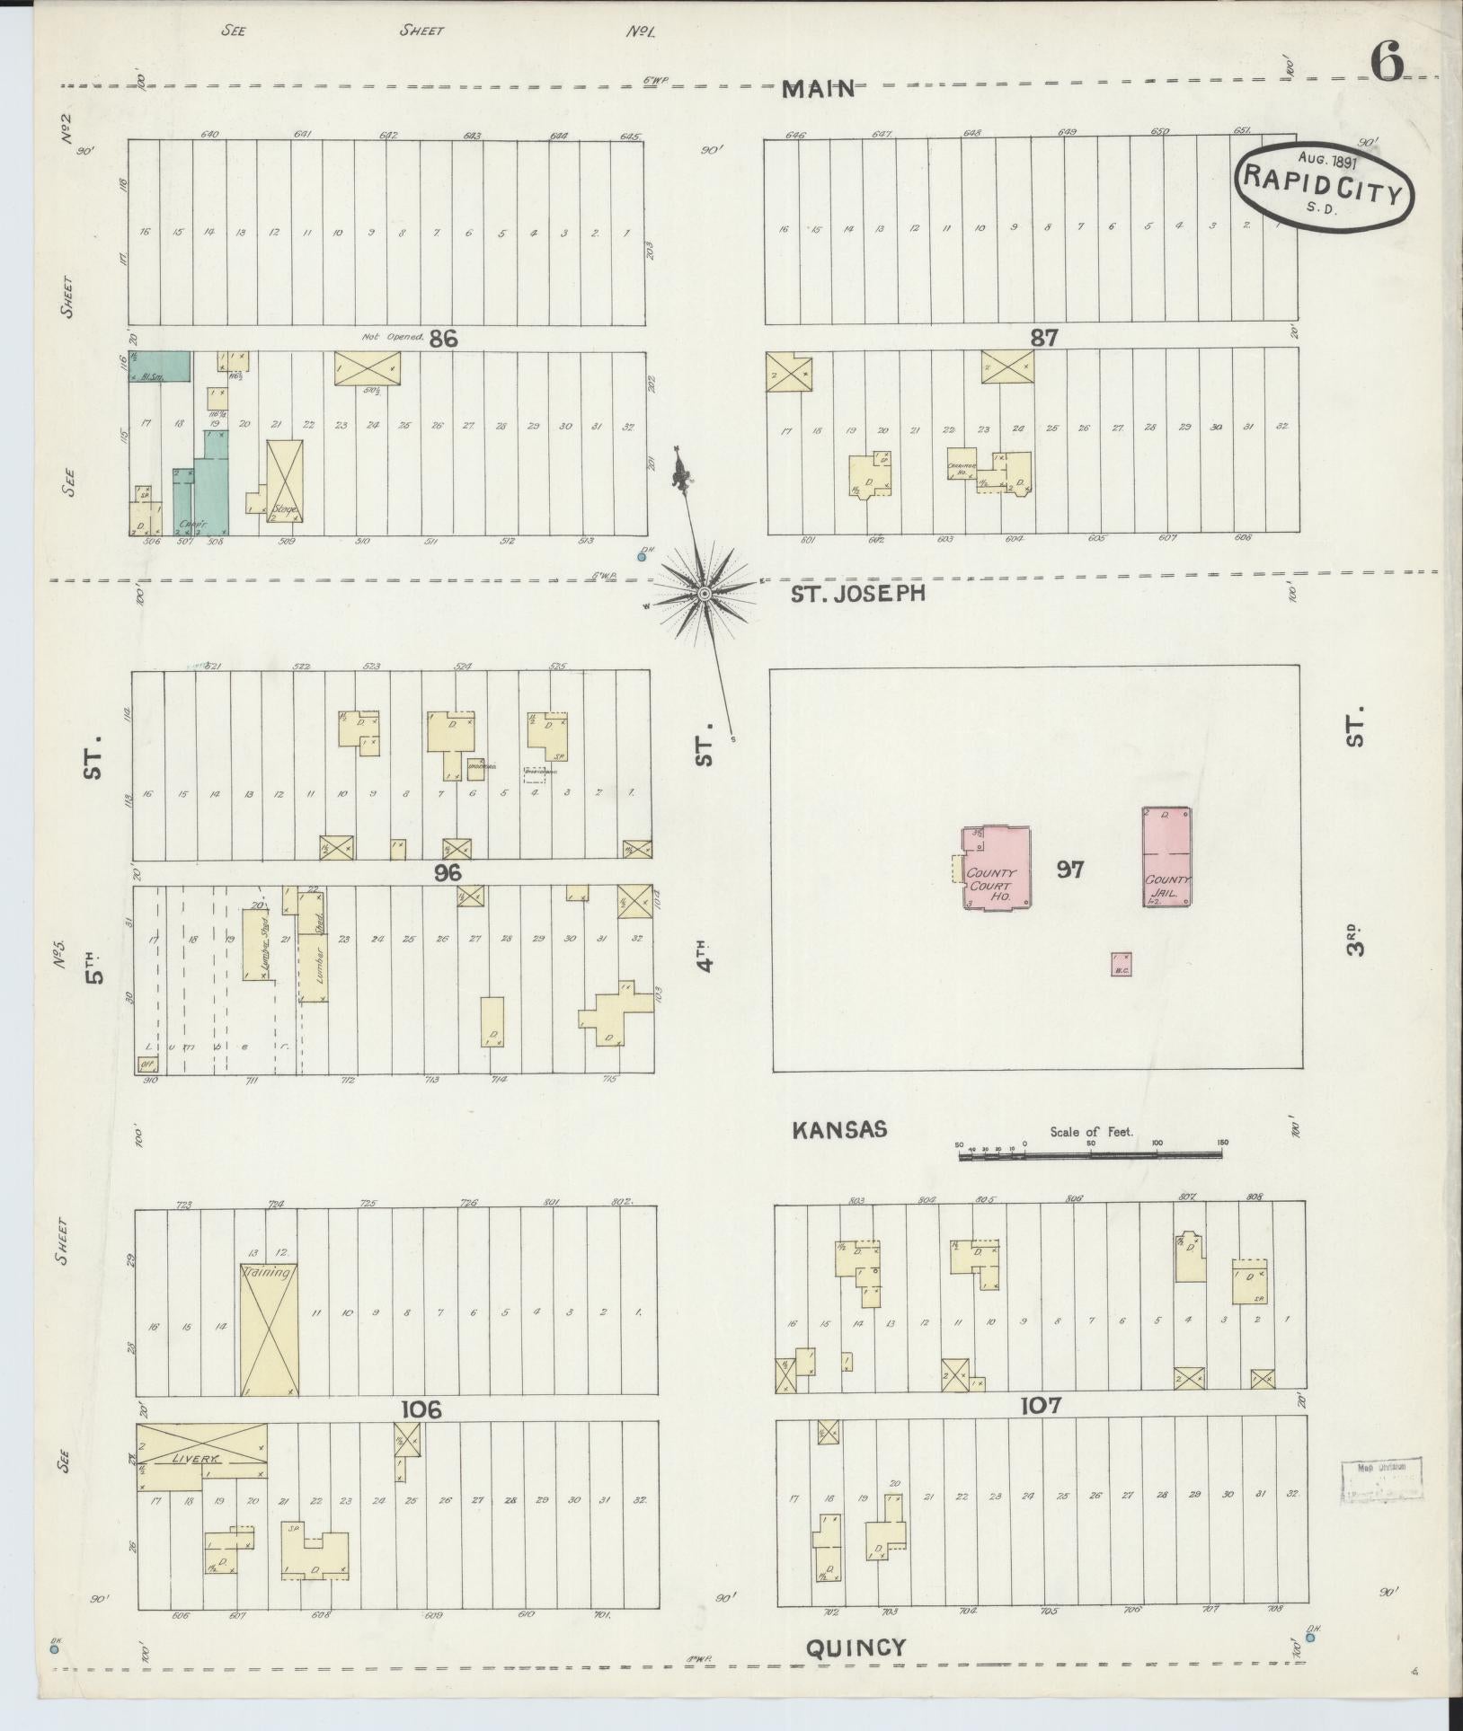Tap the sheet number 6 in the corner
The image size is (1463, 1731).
[1388, 63]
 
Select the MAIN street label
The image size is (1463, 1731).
[817, 88]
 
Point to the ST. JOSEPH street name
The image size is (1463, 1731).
[858, 593]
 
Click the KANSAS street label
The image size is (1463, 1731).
[839, 1129]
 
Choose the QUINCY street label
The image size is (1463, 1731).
[856, 1647]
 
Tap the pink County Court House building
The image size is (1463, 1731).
[997, 868]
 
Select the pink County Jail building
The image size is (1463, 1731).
[1166, 856]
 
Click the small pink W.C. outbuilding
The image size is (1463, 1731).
[1121, 964]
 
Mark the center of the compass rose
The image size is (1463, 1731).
[705, 593]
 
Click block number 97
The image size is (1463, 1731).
[1069, 870]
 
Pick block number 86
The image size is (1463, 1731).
[444, 339]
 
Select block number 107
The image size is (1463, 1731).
[1041, 1405]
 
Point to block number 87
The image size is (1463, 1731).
[1044, 338]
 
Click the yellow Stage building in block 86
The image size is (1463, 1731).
[285, 481]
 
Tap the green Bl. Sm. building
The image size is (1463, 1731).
[159, 367]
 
